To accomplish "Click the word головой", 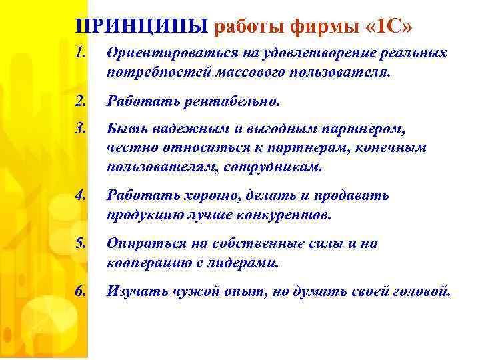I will click(x=421, y=291).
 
